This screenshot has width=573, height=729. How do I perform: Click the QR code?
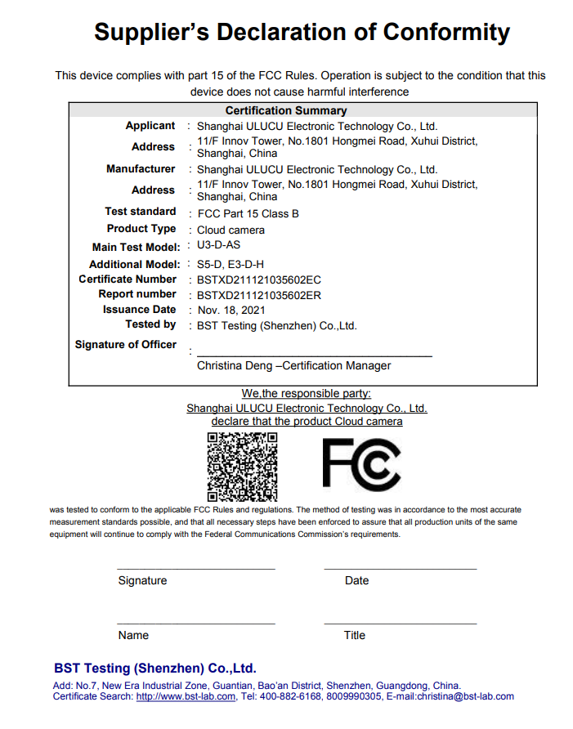(x=242, y=467)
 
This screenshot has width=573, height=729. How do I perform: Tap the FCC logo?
(x=361, y=464)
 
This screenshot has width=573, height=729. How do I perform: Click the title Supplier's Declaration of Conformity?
(x=302, y=33)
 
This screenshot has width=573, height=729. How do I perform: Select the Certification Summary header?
(x=286, y=110)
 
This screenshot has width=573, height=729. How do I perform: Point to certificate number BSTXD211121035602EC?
(x=259, y=280)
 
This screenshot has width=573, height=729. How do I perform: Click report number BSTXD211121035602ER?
(x=259, y=295)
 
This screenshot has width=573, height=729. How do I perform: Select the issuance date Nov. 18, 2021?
(x=232, y=311)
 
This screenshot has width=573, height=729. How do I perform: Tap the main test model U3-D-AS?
(x=219, y=245)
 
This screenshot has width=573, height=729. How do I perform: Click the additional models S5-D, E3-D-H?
(x=231, y=264)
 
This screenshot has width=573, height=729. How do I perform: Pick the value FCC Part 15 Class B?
(x=248, y=213)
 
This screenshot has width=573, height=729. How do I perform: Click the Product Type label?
(x=141, y=229)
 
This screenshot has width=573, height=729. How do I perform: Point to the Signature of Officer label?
(x=125, y=345)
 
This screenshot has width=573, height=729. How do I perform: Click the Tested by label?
(x=150, y=324)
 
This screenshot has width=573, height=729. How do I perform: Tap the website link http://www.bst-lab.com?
(x=186, y=697)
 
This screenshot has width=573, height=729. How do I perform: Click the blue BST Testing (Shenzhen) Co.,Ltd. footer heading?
(x=155, y=668)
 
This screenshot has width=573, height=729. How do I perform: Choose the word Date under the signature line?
(x=356, y=581)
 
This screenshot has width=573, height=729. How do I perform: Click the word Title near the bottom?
(x=355, y=636)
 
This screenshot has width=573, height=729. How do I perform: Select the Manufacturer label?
(x=141, y=169)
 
